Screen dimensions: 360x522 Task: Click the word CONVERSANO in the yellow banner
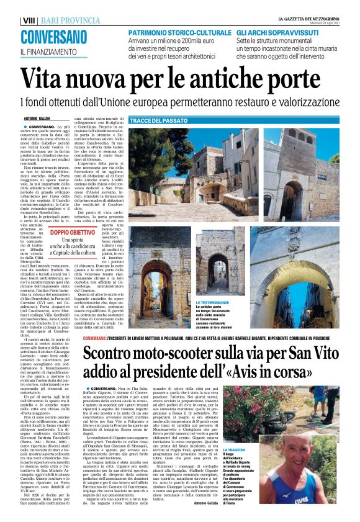52,37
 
